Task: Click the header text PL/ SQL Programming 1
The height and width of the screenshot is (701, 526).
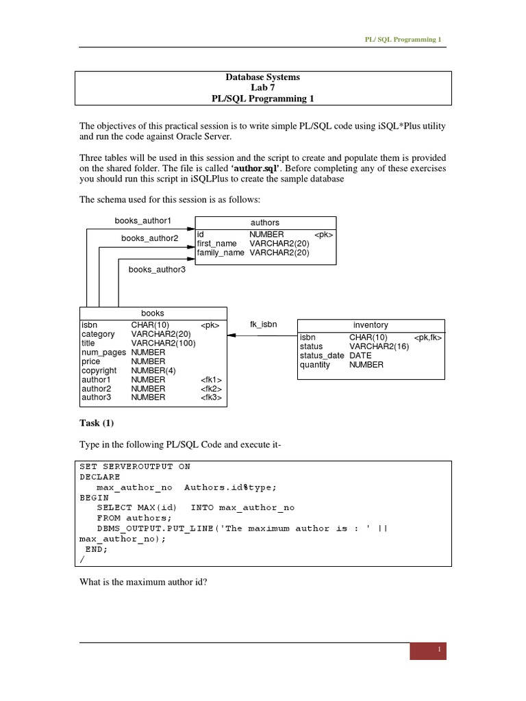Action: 405,40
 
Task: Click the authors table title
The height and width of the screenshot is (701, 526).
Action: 265,222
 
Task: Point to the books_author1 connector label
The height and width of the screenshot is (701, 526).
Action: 142,220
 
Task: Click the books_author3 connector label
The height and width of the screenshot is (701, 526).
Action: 157,270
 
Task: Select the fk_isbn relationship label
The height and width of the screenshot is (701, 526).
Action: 263,324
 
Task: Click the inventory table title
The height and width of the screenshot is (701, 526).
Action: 370,325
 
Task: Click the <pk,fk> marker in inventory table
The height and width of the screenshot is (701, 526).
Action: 427,337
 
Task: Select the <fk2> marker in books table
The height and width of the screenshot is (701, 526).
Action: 211,388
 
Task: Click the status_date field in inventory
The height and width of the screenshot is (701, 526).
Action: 321,356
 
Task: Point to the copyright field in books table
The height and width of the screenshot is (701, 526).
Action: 99,370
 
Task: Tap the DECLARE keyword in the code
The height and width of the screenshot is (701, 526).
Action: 100,476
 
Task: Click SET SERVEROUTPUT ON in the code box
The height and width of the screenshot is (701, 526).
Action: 135,466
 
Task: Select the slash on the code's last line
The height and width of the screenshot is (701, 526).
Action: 82,559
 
